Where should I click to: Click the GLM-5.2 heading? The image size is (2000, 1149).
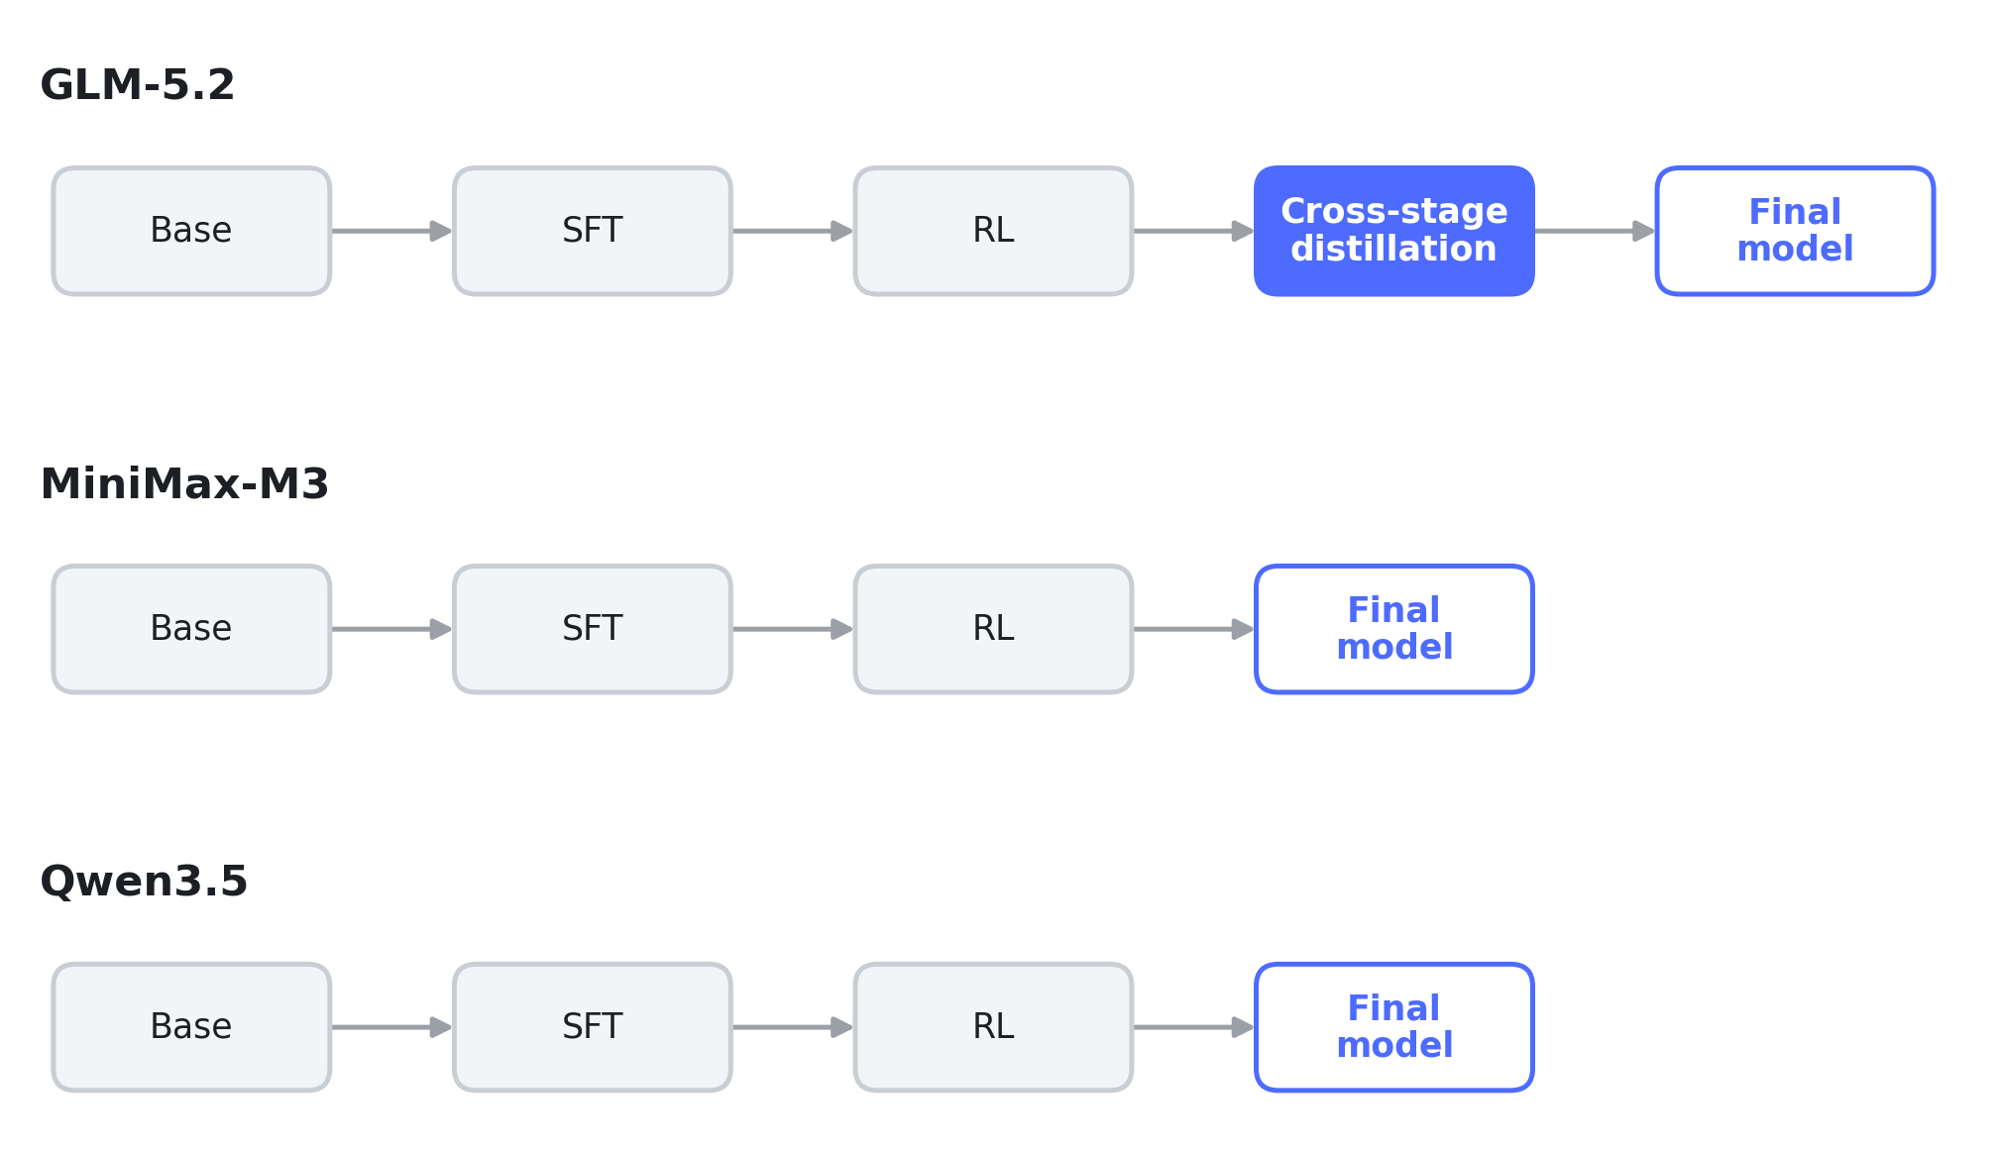138,85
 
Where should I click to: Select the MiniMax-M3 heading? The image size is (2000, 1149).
184,484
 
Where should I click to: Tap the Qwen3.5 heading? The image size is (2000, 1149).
144,882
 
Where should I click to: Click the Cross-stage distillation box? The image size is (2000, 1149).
1394,231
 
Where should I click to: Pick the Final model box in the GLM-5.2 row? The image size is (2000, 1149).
1795,231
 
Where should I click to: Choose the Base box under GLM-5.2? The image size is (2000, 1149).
191,231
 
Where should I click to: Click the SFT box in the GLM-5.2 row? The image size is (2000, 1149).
593,231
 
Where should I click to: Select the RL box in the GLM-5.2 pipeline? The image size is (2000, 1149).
993,231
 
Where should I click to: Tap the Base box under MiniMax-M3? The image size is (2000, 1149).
191,629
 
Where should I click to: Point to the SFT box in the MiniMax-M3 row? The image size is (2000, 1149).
593,629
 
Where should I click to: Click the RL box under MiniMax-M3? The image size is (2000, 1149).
993,629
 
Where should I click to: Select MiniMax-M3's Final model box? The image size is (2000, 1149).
1394,629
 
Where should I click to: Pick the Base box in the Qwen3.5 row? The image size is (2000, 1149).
191,1027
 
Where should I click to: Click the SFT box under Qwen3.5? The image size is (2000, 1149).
593,1027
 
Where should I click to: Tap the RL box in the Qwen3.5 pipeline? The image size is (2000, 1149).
993,1027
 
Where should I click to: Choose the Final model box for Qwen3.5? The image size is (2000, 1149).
1394,1027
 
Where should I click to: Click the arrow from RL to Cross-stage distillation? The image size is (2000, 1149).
1194,231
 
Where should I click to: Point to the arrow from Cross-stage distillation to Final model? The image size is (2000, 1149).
1596,231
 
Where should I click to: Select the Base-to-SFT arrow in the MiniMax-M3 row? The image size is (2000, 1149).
392,629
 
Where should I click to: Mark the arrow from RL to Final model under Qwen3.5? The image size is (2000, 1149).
1194,1027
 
